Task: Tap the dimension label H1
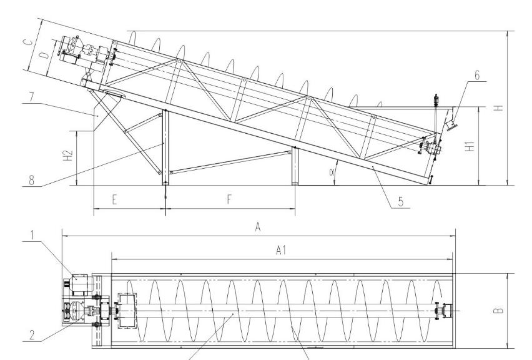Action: click(471, 145)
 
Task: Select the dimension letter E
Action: click(115, 201)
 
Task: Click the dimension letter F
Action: click(230, 201)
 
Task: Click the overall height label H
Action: click(498, 107)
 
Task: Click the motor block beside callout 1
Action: click(79, 284)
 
